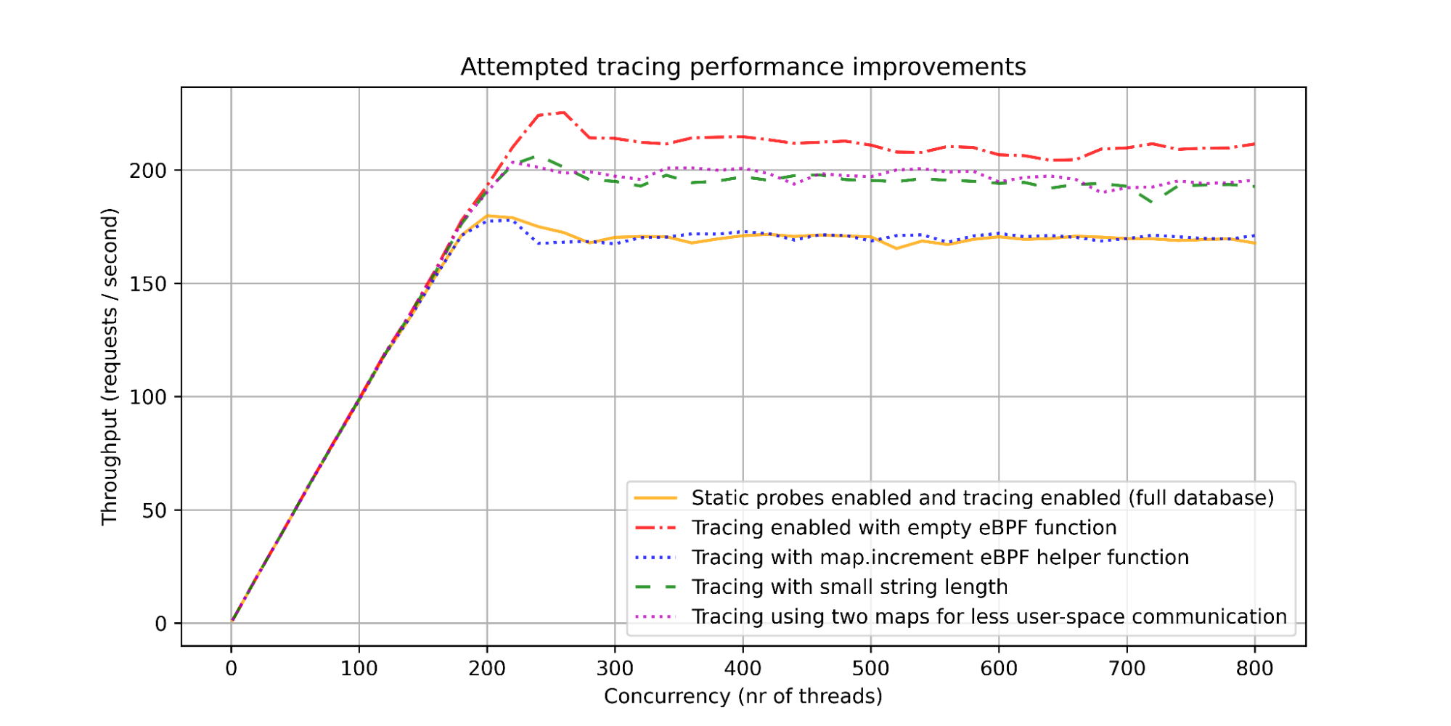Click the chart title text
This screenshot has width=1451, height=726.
click(x=743, y=67)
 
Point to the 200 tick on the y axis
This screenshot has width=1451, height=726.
click(x=148, y=171)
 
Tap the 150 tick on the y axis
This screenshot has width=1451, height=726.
click(x=148, y=284)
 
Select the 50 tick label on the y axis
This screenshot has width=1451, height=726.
click(x=154, y=510)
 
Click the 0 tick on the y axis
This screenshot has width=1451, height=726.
click(x=160, y=624)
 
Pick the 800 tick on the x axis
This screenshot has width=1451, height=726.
click(x=1254, y=668)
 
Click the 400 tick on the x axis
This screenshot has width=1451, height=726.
click(x=743, y=668)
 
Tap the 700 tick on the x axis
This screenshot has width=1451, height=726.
click(x=1127, y=668)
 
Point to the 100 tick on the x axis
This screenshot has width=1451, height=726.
click(x=359, y=668)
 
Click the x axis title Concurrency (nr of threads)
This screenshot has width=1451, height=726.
click(x=743, y=696)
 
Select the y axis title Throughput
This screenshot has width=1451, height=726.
click(x=110, y=367)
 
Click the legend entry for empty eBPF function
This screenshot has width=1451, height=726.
click(x=904, y=528)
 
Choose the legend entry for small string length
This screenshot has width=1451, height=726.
click(x=849, y=587)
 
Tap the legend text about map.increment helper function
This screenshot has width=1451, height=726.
click(x=940, y=558)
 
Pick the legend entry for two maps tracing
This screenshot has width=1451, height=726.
click(x=989, y=616)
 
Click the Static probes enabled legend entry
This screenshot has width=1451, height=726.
click(x=982, y=498)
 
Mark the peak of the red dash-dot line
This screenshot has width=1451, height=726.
click(x=564, y=113)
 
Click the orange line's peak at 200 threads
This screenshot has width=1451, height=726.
click(x=487, y=216)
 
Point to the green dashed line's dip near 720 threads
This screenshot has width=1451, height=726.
click(x=1153, y=203)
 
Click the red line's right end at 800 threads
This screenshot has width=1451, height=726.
click(x=1254, y=144)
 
